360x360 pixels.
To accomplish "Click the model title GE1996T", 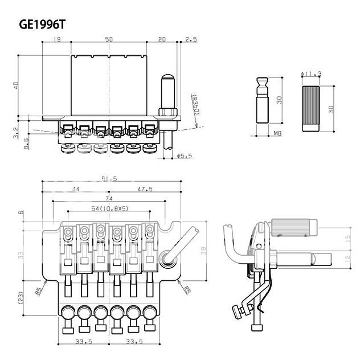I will [42, 26].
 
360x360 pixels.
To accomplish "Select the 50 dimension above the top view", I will [108, 39].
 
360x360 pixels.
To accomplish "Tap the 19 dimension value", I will [57, 39].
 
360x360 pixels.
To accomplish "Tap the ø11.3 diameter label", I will [311, 73].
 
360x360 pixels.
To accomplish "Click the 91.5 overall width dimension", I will [109, 178].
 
